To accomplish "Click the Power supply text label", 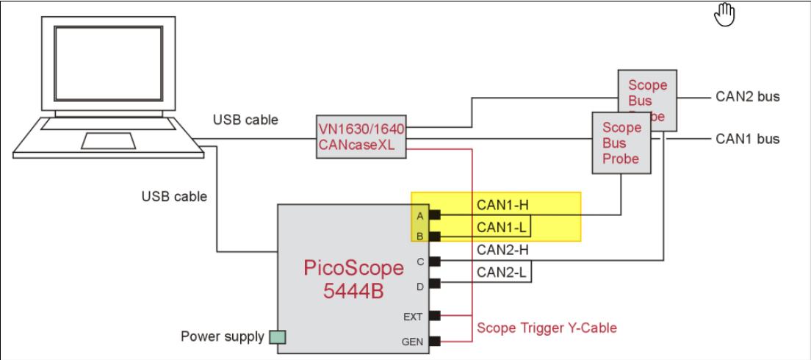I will [x=223, y=337].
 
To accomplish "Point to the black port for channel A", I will [x=435, y=215].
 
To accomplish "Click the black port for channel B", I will [x=435, y=237].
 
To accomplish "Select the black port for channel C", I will [x=435, y=261].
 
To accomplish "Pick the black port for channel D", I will [x=435, y=283].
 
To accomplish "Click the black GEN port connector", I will [x=435, y=341].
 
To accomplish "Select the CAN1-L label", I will [x=498, y=227].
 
